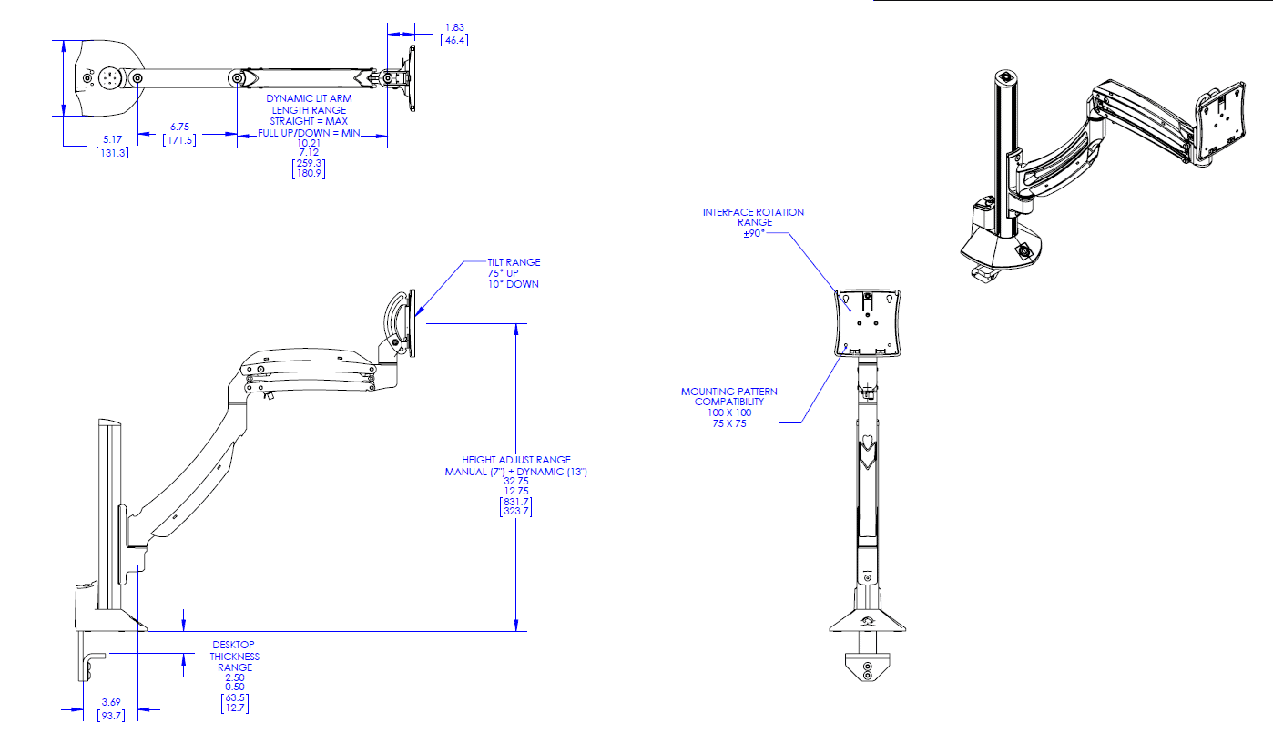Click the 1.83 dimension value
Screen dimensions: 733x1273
[x=453, y=28]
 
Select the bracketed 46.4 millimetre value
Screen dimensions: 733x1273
[x=453, y=41]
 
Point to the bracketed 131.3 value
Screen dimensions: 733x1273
[x=112, y=152]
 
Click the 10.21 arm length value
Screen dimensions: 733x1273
[x=309, y=143]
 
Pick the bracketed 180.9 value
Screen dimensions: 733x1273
[x=309, y=173]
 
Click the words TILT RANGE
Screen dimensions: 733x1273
[x=514, y=262]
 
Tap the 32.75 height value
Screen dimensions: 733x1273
[x=515, y=482]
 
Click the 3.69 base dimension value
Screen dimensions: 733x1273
[x=111, y=701]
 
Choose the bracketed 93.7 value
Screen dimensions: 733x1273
[x=111, y=715]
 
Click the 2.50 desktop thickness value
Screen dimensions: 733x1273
[x=234, y=677]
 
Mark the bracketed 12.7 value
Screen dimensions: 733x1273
[x=234, y=708]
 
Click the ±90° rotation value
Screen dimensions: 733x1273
[x=753, y=232]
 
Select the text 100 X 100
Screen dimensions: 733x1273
[x=729, y=412]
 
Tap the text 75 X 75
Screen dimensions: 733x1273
[x=729, y=422]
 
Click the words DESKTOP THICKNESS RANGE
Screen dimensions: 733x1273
[x=234, y=656]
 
